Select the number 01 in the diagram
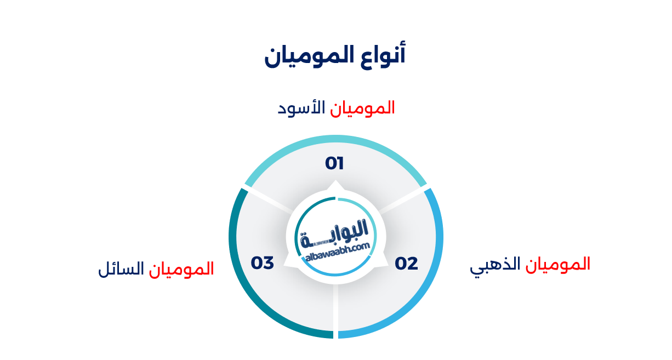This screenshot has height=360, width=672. pos(334,163)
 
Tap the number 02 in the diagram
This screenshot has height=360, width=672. pos(407,264)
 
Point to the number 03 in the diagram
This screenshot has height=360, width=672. pos(263,263)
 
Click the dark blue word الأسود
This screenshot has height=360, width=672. pos(302,107)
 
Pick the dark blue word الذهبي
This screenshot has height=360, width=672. pos(495,265)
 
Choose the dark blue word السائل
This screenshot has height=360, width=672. pos(121,269)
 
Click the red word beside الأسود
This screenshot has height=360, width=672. pos(363,107)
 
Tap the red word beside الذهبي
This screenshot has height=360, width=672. pos(558,264)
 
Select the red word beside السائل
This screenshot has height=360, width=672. pos(181,269)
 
